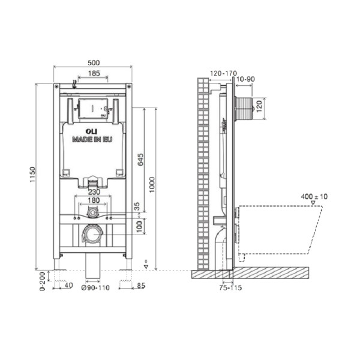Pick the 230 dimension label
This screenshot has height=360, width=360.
[x=92, y=193]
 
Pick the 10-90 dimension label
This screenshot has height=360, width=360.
[x=247, y=79]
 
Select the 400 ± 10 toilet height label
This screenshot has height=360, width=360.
[x=314, y=196]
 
